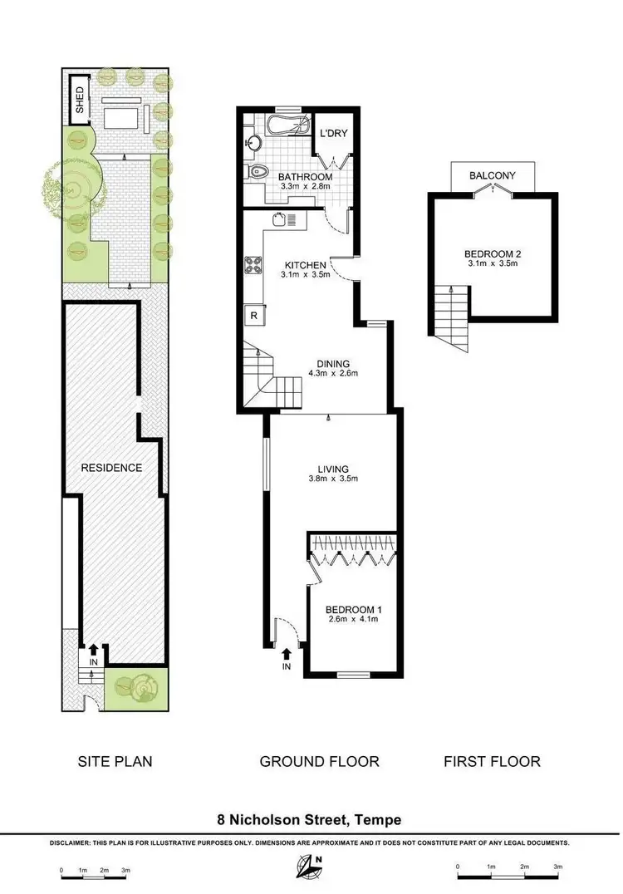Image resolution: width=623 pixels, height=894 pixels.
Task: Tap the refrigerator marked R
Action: [252, 316]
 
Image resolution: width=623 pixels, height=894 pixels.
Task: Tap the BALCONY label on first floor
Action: [493, 175]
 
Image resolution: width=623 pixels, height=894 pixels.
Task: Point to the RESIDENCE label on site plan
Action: [110, 468]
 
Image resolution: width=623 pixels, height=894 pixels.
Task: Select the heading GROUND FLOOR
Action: [319, 761]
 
